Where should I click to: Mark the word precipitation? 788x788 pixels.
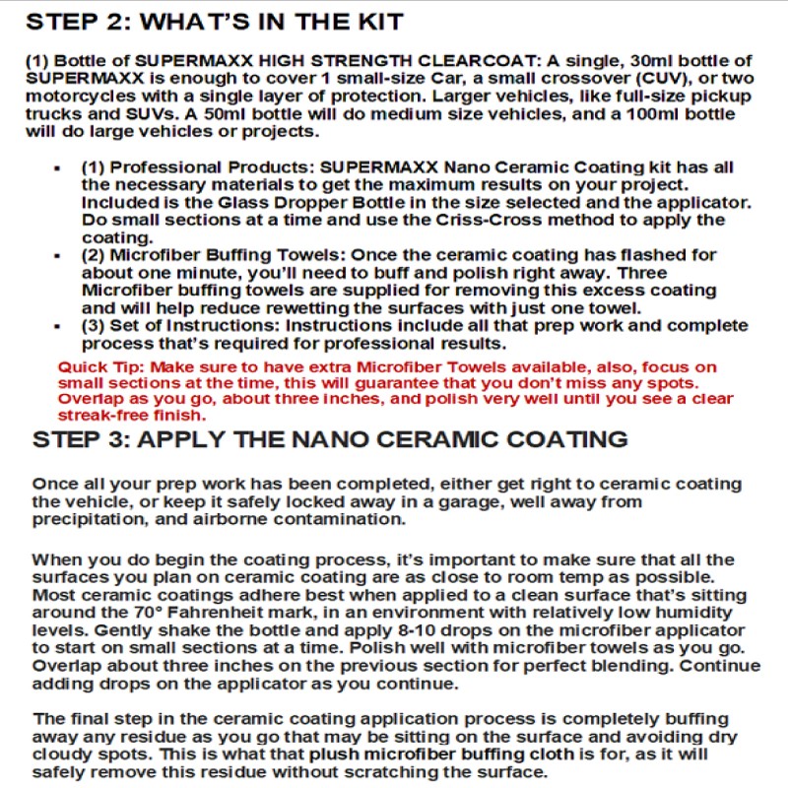83,519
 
